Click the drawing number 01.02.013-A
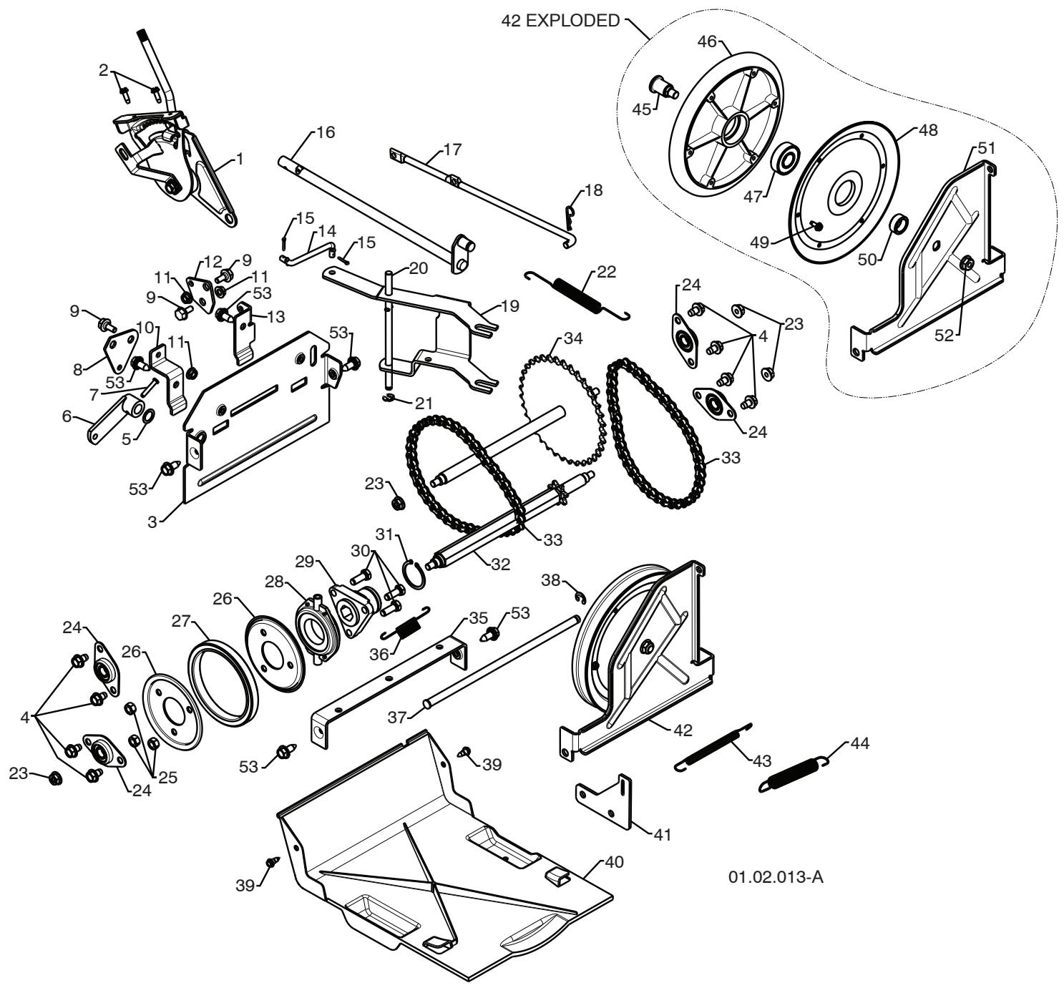tap(775, 877)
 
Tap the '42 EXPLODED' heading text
tap(560, 21)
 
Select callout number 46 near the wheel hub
tap(707, 41)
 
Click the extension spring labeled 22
tap(577, 296)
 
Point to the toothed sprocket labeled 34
tap(562, 409)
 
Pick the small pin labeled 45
tap(665, 87)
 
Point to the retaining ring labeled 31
tap(414, 574)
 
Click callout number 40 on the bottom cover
tap(614, 862)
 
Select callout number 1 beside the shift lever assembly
tap(240, 159)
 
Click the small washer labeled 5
tap(149, 415)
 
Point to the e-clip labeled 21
tap(389, 397)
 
